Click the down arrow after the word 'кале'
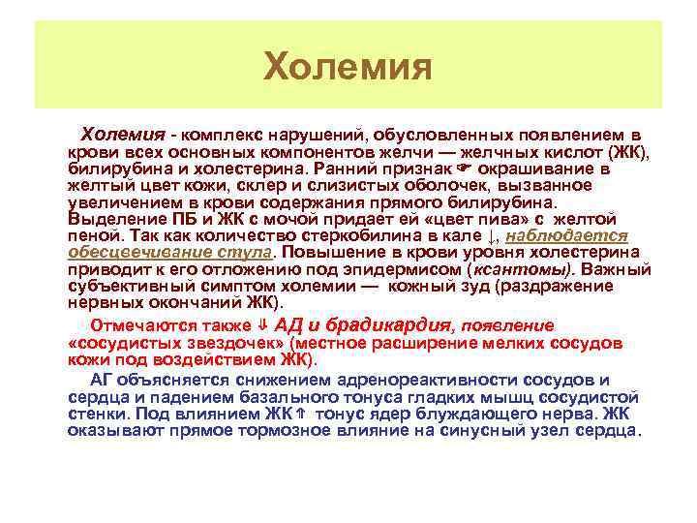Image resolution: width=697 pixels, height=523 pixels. [x=491, y=235]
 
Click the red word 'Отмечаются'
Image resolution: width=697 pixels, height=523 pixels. [x=135, y=326]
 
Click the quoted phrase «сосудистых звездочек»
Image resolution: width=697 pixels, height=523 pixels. [x=178, y=344]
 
